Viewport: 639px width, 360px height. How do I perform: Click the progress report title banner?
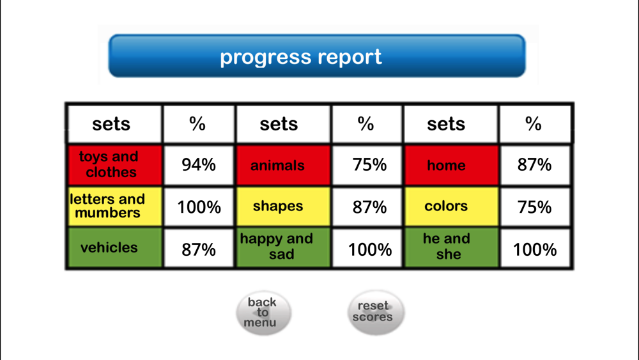[317, 56]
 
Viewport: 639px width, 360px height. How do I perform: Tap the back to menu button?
[263, 313]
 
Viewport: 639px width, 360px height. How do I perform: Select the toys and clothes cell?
[115, 165]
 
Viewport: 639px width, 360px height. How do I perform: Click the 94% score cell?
[199, 165]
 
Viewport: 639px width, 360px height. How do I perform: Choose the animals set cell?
[283, 165]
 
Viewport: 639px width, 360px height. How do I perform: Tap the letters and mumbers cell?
[115, 207]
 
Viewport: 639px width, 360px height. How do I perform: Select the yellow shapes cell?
[283, 207]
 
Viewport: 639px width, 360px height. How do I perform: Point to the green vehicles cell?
[115, 247]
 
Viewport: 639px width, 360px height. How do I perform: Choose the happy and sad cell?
[283, 247]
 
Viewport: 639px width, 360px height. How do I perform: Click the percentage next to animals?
[367, 165]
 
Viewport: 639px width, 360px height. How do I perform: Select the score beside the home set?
[535, 165]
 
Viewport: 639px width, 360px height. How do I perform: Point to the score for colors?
[535, 207]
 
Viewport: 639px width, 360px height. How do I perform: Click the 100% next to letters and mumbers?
[199, 207]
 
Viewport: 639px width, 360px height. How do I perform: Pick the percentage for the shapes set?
[367, 207]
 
